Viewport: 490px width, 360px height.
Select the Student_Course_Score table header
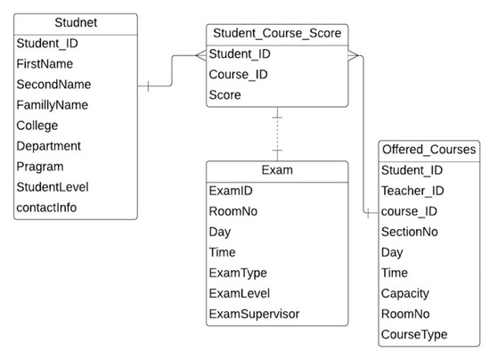point(277,34)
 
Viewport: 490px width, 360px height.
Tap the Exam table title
point(277,170)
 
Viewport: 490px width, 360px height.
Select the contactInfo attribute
point(46,207)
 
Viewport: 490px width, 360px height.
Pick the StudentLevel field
point(53,186)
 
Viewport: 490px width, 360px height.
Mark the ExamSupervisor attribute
point(253,314)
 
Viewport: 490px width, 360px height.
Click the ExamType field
point(238,273)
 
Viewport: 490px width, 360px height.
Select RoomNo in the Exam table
point(233,211)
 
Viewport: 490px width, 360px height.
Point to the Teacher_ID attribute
point(413,191)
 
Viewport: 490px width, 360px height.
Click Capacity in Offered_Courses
point(405,293)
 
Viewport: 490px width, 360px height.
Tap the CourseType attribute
point(414,334)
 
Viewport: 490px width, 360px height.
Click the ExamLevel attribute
point(240,293)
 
